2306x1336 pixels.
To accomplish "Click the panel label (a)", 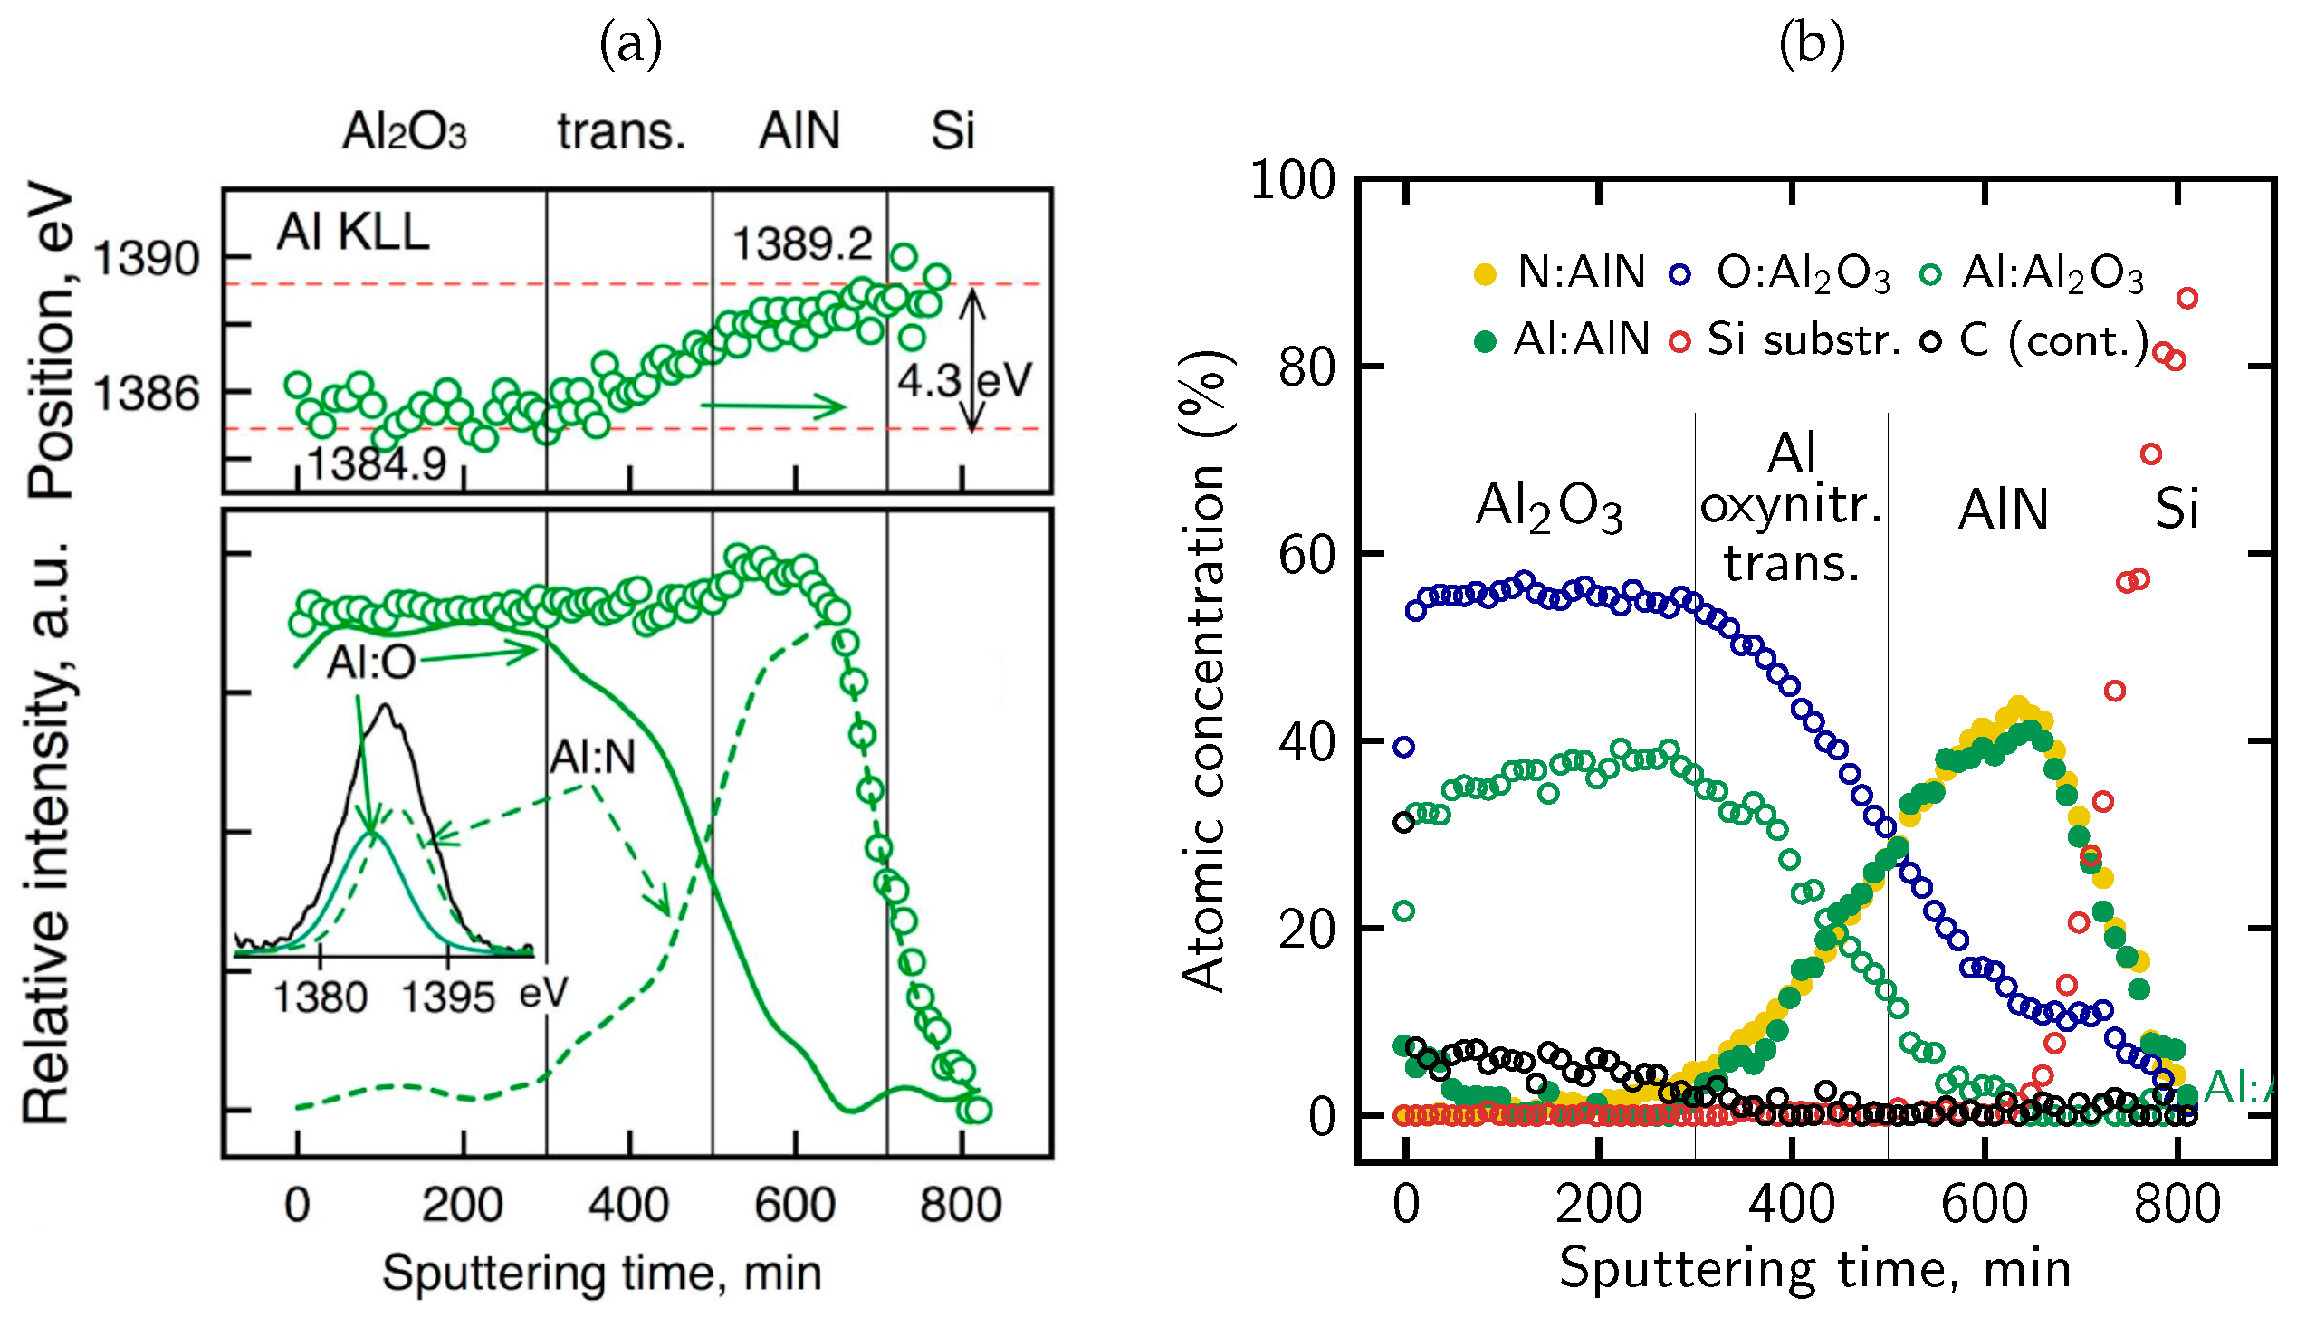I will point(630,44).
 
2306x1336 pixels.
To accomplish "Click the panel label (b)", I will point(1811,44).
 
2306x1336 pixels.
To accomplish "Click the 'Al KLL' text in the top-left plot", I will point(352,232).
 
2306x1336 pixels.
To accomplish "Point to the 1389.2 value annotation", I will point(802,244).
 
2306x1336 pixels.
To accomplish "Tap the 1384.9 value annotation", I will point(376,465).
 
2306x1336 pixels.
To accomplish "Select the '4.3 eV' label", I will point(963,381).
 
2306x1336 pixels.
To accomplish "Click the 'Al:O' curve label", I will point(370,662).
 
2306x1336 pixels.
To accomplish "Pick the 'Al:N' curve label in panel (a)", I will point(592,757).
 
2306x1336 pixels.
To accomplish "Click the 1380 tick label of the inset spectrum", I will point(321,998).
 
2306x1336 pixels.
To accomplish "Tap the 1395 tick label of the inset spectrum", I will point(447,998).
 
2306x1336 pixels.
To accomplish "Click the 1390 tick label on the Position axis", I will point(147,259).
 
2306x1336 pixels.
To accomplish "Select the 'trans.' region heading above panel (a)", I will point(621,131).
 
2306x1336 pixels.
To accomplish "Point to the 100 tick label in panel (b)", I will point(1293,180).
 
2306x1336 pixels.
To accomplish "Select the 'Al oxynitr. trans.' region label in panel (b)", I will point(1791,507).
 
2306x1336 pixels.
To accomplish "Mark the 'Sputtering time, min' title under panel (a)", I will point(601,1273).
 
